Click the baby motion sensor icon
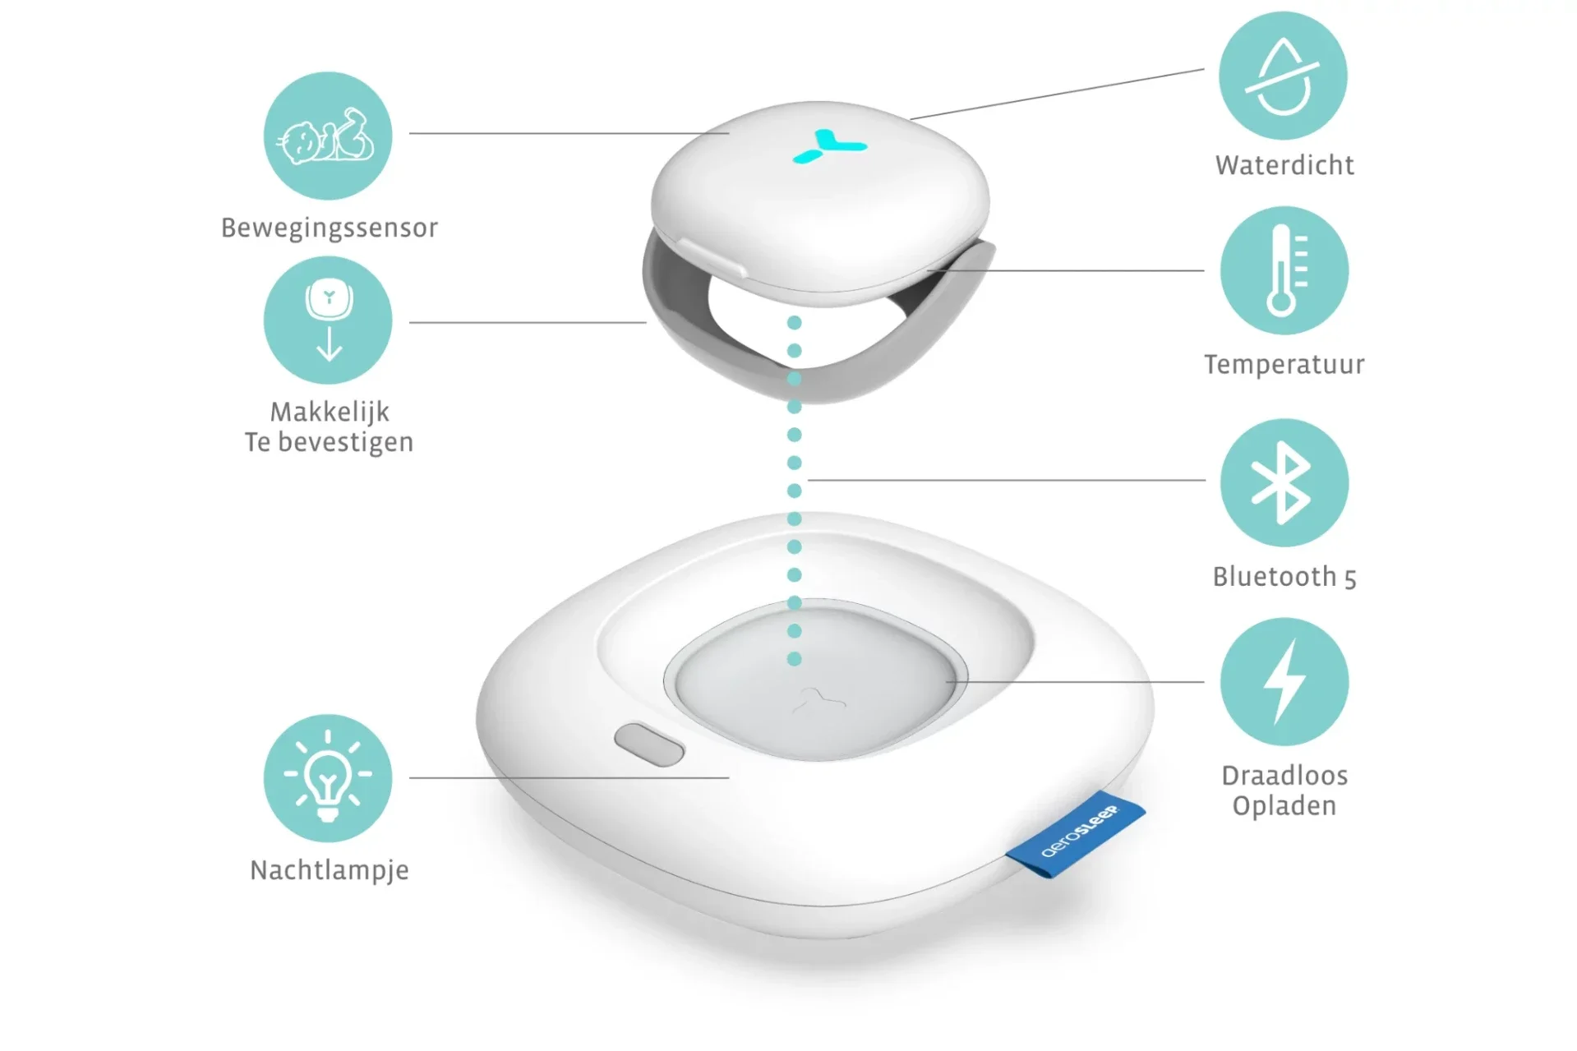coord(327,136)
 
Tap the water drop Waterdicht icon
coord(1283,76)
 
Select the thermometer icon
coord(1284,270)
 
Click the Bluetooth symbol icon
coord(1284,482)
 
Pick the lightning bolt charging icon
coord(1284,682)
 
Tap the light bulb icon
coord(327,777)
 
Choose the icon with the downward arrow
coord(327,320)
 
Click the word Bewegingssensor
coord(330,228)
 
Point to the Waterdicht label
coord(1284,165)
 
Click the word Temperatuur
coord(1284,364)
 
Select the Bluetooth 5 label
coord(1284,577)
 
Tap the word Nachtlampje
coord(330,870)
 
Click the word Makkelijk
coord(330,412)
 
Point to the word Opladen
coord(1284,806)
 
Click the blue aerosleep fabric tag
coord(1075,834)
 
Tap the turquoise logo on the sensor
coord(829,146)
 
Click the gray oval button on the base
coord(649,744)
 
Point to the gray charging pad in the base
coord(815,680)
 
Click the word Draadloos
coord(1284,776)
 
